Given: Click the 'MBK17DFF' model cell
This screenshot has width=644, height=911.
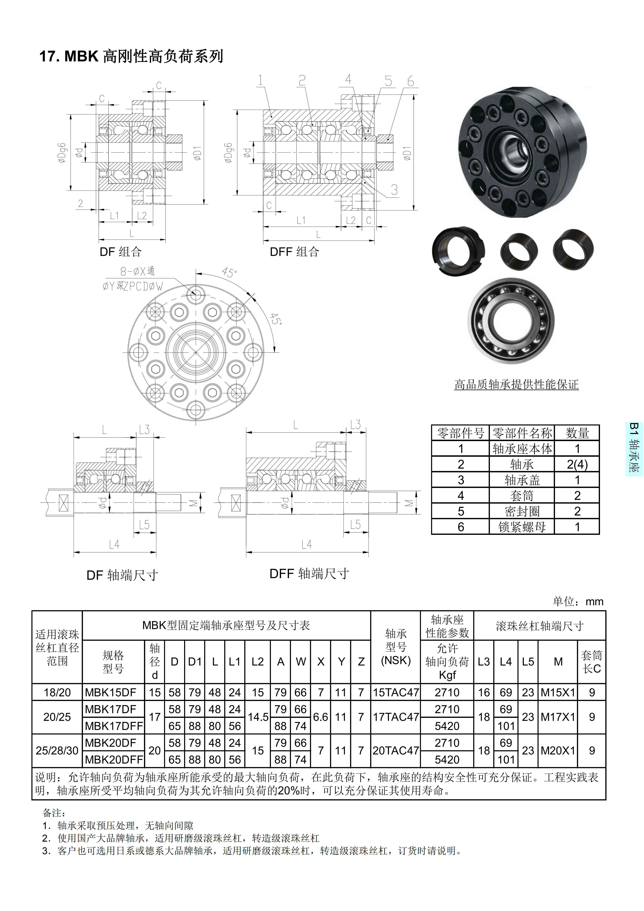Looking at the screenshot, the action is [114, 726].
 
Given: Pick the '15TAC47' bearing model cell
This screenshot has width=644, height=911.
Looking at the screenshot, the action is [396, 692].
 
